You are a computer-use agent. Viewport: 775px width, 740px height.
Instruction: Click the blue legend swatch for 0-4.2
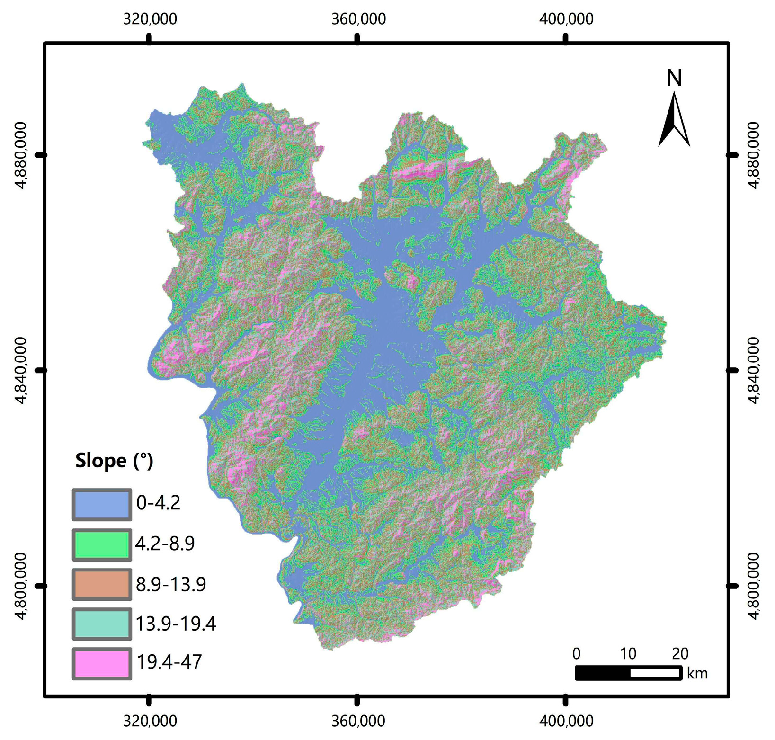point(102,505)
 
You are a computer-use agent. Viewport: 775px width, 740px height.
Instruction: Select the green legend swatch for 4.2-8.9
point(102,544)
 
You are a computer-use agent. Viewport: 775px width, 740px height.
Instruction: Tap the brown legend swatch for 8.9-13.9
point(102,584)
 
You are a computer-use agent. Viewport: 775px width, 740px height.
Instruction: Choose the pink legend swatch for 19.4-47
point(102,663)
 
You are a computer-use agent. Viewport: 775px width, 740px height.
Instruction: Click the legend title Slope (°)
point(114,461)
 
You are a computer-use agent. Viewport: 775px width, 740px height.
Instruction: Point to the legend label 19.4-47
point(169,661)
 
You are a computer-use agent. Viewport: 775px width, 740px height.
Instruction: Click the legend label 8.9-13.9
point(171,585)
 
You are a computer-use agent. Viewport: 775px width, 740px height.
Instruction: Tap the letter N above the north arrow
point(674,78)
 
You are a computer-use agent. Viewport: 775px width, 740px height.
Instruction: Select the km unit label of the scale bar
point(697,673)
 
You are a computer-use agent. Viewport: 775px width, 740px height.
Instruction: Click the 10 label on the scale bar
point(628,653)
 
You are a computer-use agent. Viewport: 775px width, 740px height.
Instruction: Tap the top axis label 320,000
point(150,19)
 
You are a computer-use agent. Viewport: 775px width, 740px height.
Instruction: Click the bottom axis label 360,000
point(358,721)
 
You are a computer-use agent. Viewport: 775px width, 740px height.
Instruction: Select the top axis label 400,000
point(566,19)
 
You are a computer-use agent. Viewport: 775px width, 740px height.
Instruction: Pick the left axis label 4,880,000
point(22,155)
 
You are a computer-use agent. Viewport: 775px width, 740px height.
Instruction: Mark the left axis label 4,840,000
point(22,370)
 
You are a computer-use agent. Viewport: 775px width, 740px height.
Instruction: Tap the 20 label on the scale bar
point(680,653)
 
